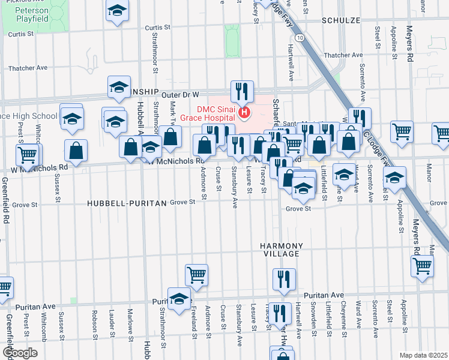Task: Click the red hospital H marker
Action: coord(244,112)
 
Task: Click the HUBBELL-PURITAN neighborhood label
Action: coord(126,203)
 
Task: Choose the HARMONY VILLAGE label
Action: coord(280,250)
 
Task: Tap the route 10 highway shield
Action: coord(300,37)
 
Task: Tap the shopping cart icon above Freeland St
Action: coord(196,275)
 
